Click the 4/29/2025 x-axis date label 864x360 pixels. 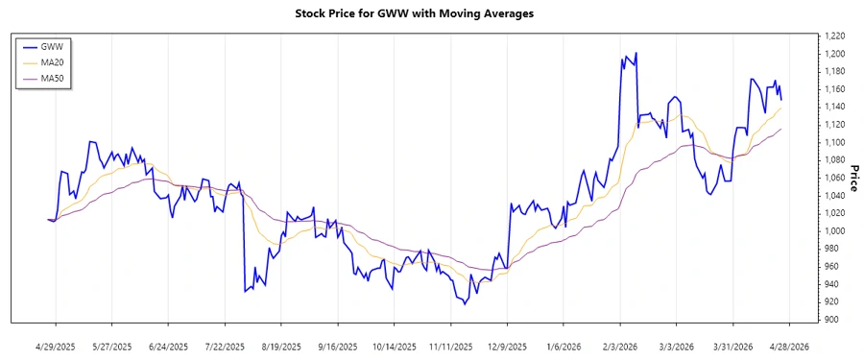56,346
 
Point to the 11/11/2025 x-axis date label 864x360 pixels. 451,346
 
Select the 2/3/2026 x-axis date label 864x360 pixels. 621,346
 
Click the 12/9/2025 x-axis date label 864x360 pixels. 508,346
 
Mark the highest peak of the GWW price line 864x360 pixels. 626,56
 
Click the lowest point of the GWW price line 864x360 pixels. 465,304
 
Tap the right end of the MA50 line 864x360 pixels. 781,129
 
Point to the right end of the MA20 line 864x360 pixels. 781,108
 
